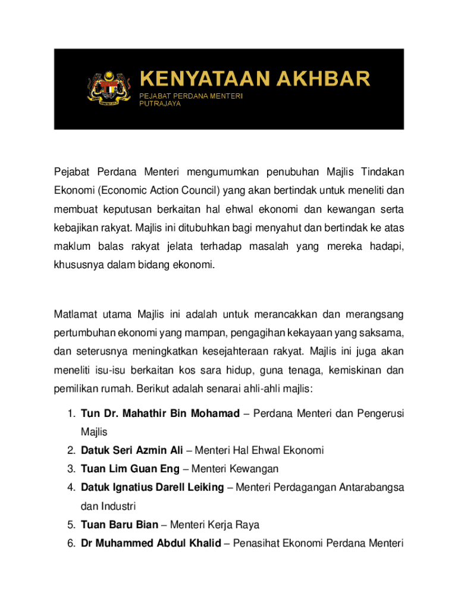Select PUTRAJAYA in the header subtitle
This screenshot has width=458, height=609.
click(160, 103)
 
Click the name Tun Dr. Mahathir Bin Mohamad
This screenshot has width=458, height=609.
click(160, 413)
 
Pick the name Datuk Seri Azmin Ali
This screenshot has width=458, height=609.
click(131, 450)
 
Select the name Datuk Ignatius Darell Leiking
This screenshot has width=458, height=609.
click(152, 488)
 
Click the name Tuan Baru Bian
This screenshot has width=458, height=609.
click(120, 525)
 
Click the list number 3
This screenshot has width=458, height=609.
click(70, 469)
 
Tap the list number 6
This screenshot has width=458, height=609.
click(70, 544)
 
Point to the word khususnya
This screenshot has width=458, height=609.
click(77, 266)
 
